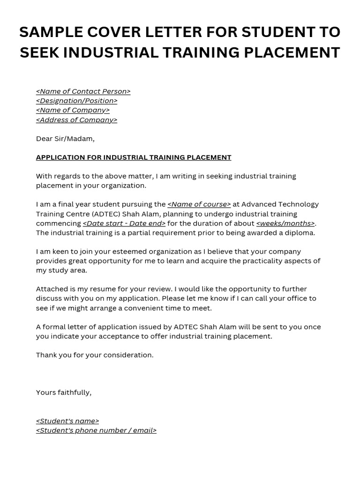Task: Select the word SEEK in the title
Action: tap(39, 52)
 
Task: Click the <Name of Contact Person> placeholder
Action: tap(83, 91)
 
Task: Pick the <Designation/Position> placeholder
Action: tap(76, 101)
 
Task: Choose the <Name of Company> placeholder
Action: tap(73, 110)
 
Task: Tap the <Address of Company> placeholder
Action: tap(76, 120)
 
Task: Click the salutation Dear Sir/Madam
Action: tap(65, 139)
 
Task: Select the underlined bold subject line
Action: tap(134, 157)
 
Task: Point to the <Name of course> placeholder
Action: tap(199, 204)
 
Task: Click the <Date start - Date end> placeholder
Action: tap(124, 224)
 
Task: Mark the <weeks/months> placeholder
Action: tap(285, 224)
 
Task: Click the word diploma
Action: tap(300, 233)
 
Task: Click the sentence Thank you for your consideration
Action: tap(95, 355)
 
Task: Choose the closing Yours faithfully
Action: tap(64, 393)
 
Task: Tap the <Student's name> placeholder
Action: tap(67, 421)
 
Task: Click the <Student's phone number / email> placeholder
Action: tap(96, 430)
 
